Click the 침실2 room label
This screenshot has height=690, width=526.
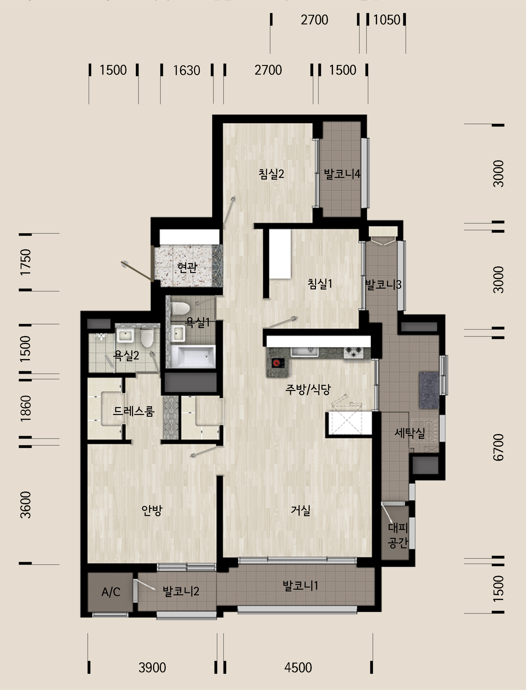271,174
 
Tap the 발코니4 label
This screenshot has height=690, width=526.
342,174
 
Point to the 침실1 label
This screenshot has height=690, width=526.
320,284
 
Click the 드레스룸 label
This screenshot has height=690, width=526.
134,411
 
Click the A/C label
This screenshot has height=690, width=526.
111,592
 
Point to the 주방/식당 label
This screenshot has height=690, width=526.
308,389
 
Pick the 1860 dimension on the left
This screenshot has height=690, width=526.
26,408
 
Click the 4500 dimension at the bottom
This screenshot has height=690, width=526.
298,667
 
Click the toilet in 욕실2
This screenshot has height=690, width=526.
146,338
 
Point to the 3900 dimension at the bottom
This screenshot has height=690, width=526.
152,667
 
